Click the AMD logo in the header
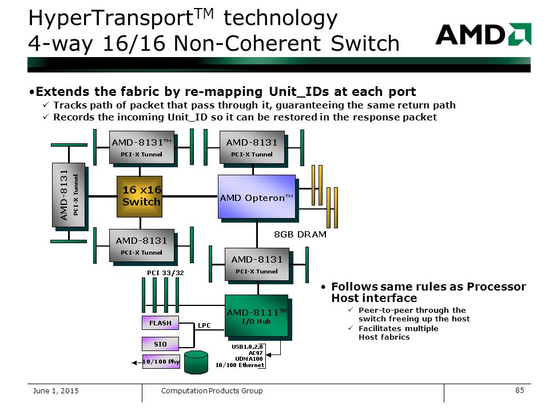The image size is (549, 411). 483,34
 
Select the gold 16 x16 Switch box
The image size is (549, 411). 140,196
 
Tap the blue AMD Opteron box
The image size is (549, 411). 257,197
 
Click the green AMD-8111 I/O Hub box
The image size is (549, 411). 256,316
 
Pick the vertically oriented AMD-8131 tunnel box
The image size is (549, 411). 69,195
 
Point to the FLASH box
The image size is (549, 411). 160,323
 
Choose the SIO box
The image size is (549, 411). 160,344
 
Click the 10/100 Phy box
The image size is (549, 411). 161,361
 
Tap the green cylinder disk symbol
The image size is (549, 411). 196,362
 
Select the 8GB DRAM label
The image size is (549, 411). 300,234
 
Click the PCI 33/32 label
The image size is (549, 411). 165,273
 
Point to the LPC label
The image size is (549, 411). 204,325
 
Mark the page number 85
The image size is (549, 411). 520,390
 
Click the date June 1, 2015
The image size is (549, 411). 55,390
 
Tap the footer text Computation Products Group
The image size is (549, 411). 212,390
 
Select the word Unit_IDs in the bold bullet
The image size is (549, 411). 299,91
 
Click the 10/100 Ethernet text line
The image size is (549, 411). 240,365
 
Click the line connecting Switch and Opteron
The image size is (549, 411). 190,196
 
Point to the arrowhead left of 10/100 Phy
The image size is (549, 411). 134,363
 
